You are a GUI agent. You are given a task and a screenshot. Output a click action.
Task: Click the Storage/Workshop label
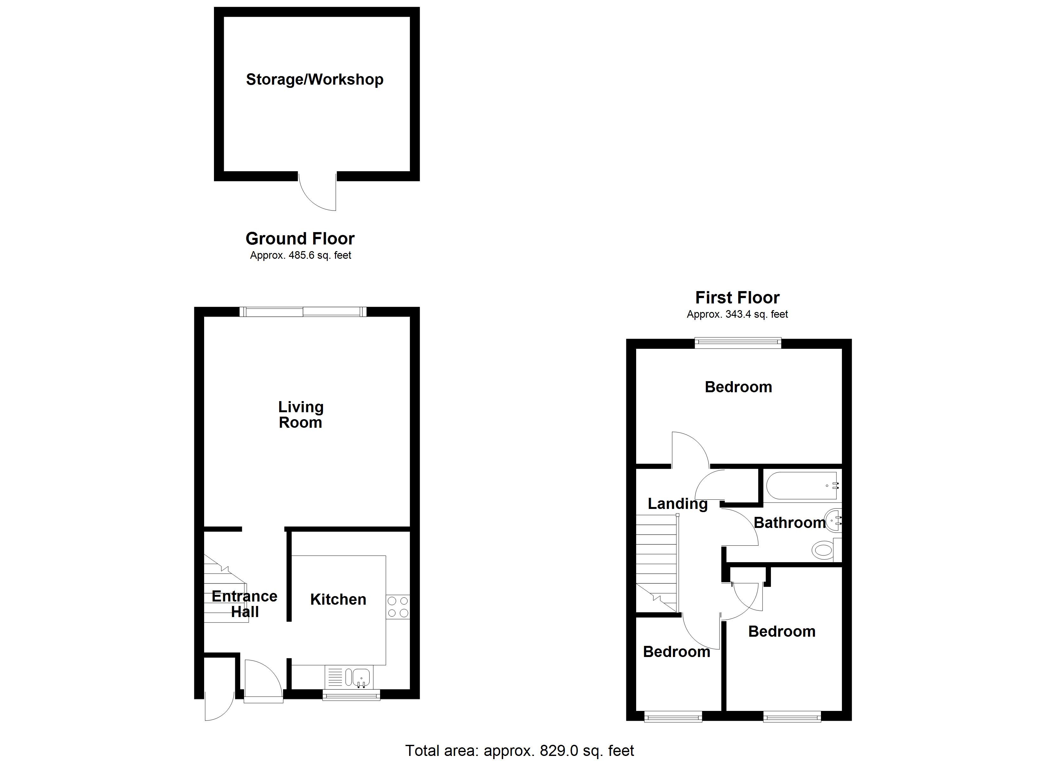tap(314, 79)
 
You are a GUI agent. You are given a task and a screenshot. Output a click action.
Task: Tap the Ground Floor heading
tap(300, 238)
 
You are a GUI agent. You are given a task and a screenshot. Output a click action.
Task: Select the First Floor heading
tap(737, 298)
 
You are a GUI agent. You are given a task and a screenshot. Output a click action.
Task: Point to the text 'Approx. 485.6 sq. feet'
tap(300, 255)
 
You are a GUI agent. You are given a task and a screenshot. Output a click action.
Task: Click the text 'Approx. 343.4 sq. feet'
tap(737, 314)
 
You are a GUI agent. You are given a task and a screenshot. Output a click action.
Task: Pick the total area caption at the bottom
tap(519, 751)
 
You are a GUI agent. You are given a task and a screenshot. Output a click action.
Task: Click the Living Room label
tap(301, 414)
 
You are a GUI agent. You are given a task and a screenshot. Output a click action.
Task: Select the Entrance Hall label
tap(244, 604)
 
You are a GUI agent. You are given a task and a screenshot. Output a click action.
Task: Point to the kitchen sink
tap(361, 677)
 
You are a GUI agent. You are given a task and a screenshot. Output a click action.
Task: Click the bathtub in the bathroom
tap(802, 485)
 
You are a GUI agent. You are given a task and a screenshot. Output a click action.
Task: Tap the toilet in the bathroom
tap(823, 550)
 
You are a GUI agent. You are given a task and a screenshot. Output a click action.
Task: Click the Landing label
tap(677, 504)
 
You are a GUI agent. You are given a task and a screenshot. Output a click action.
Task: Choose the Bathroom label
tap(790, 523)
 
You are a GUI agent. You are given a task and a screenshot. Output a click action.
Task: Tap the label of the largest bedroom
tap(738, 387)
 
